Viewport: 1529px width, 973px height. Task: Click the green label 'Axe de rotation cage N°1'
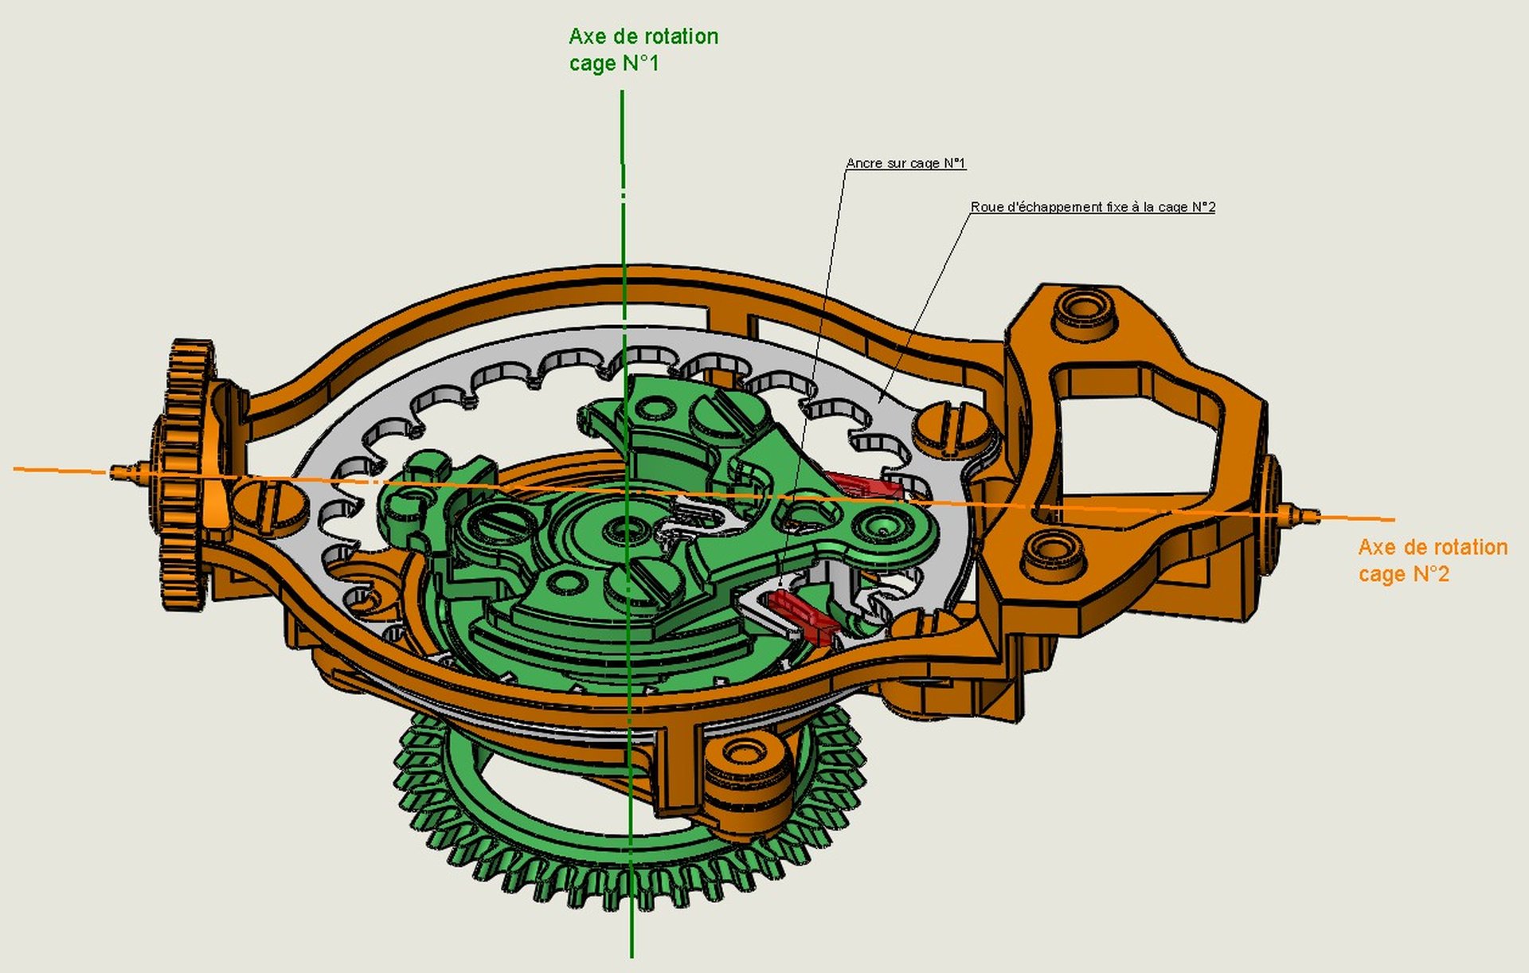click(x=643, y=49)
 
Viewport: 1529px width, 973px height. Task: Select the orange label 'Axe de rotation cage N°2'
click(x=1433, y=561)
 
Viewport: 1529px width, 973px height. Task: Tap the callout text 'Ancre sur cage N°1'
click(x=905, y=163)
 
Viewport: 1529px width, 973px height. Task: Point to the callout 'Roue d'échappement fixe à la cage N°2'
click(x=1093, y=207)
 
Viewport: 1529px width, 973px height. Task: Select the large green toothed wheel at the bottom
click(x=629, y=844)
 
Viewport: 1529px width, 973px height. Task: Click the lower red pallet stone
click(x=804, y=614)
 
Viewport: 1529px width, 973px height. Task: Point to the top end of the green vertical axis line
click(x=622, y=93)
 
